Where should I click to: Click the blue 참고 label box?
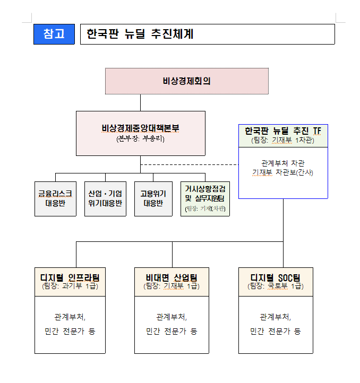pyautogui.click(x=54, y=34)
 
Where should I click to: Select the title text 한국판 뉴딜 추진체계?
pyautogui.click(x=140, y=34)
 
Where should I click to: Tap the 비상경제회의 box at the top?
pyautogui.click(x=187, y=81)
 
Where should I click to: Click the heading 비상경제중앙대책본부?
pyautogui.click(x=140, y=128)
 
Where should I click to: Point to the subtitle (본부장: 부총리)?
pyautogui.click(x=140, y=139)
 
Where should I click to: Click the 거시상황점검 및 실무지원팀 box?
pyautogui.click(x=205, y=198)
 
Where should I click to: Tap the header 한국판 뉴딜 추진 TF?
pyautogui.click(x=283, y=131)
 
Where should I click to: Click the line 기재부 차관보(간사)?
pyautogui.click(x=283, y=172)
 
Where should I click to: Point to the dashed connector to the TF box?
pyautogui.click(x=190, y=164)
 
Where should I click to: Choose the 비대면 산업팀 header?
pyautogui.click(x=172, y=277)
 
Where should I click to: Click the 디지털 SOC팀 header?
pyautogui.click(x=276, y=277)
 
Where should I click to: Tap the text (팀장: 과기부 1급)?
pyautogui.click(x=70, y=286)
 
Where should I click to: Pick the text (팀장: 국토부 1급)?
pyautogui.click(x=276, y=286)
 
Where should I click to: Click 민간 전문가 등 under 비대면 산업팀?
pyautogui.click(x=172, y=332)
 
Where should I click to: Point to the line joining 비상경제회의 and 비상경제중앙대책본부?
pyautogui.click(x=140, y=102)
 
